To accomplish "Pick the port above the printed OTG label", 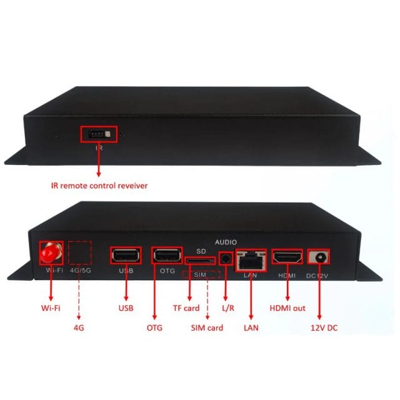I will (166, 256).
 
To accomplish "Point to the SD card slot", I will (199, 257).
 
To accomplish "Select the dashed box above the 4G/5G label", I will (79, 253).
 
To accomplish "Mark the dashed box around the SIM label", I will (201, 275).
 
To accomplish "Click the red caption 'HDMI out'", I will (288, 307).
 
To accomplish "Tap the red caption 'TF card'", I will (187, 307).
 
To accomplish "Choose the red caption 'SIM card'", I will (207, 327).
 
